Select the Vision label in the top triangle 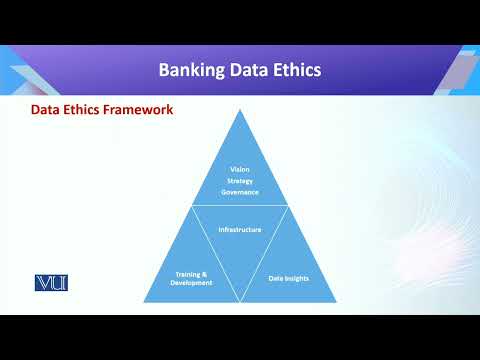point(239,169)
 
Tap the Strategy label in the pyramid point(239,180)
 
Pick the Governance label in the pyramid point(239,191)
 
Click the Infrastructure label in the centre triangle point(240,229)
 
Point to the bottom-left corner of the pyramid point(144,302)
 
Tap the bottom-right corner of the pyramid point(336,302)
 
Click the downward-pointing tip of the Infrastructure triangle point(240,301)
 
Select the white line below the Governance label point(240,207)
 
